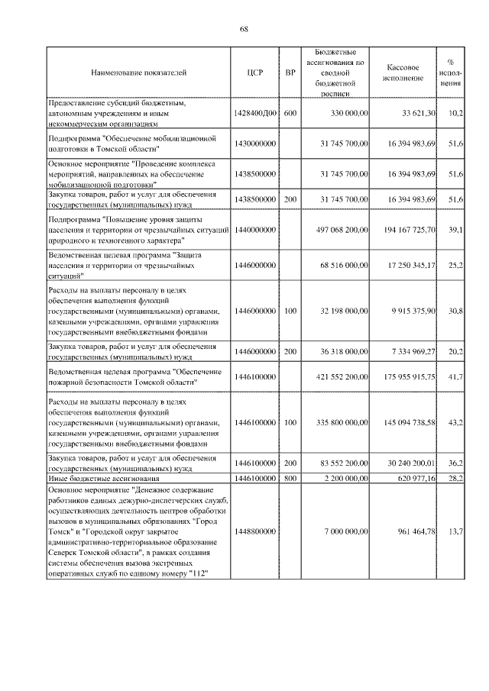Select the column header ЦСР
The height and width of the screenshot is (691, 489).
(255, 73)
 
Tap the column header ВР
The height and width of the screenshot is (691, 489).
(290, 73)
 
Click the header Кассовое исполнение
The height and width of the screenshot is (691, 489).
(406, 73)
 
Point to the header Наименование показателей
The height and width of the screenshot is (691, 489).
(138, 73)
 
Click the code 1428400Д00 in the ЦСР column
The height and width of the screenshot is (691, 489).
(255, 112)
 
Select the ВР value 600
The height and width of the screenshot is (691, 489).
(290, 112)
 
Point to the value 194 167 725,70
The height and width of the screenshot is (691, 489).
(408, 229)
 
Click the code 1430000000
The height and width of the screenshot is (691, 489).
(255, 143)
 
